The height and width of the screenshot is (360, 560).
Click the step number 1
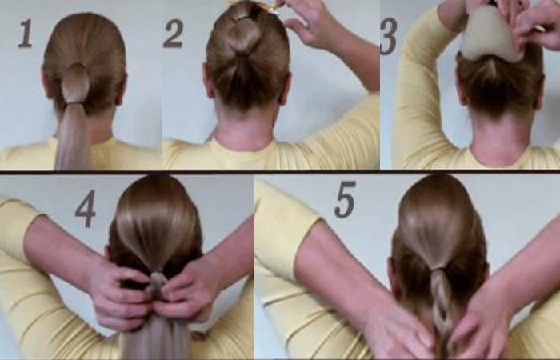(x=25, y=34)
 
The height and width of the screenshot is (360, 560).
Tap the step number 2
(x=174, y=34)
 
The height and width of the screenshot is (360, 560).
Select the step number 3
(x=389, y=37)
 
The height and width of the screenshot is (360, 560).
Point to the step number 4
(x=86, y=209)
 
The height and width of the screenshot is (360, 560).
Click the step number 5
(x=345, y=199)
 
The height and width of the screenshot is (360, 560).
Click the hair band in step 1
(x=74, y=103)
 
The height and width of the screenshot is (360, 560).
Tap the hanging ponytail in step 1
(x=73, y=137)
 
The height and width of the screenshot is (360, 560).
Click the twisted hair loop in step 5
(x=442, y=303)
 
